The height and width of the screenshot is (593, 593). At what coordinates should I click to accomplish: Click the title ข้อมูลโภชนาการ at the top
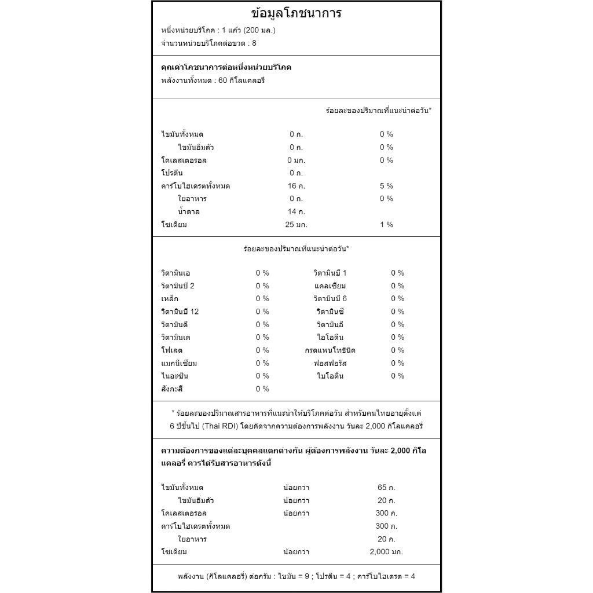pyautogui.click(x=296, y=13)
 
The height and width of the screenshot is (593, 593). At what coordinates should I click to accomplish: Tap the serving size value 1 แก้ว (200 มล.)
pyautogui.click(x=248, y=30)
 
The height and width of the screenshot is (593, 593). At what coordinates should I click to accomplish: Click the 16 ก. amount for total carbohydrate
pyautogui.click(x=296, y=186)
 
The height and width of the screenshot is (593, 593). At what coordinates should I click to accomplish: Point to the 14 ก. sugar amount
pyautogui.click(x=296, y=211)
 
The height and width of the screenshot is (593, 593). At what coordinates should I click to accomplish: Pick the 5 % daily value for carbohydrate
pyautogui.click(x=386, y=186)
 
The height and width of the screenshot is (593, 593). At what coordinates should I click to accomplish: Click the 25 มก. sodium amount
pyautogui.click(x=296, y=225)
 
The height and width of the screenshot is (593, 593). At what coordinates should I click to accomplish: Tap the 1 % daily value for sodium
pyautogui.click(x=386, y=225)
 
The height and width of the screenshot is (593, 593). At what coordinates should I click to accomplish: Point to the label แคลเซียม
pyautogui.click(x=330, y=286)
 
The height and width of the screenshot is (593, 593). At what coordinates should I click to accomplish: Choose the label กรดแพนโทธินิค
pyautogui.click(x=330, y=350)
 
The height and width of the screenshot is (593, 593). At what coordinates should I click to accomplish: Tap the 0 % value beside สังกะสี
pyautogui.click(x=262, y=389)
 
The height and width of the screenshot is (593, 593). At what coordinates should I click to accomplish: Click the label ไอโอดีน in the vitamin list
pyautogui.click(x=330, y=338)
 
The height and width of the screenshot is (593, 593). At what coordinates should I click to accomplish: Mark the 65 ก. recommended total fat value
pyautogui.click(x=386, y=488)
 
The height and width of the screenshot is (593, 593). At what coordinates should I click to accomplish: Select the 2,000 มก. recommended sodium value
pyautogui.click(x=386, y=552)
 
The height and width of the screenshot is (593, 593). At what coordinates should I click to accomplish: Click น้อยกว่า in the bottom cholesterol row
pyautogui.click(x=296, y=513)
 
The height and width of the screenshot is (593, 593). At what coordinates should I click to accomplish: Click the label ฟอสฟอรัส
pyautogui.click(x=330, y=363)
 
